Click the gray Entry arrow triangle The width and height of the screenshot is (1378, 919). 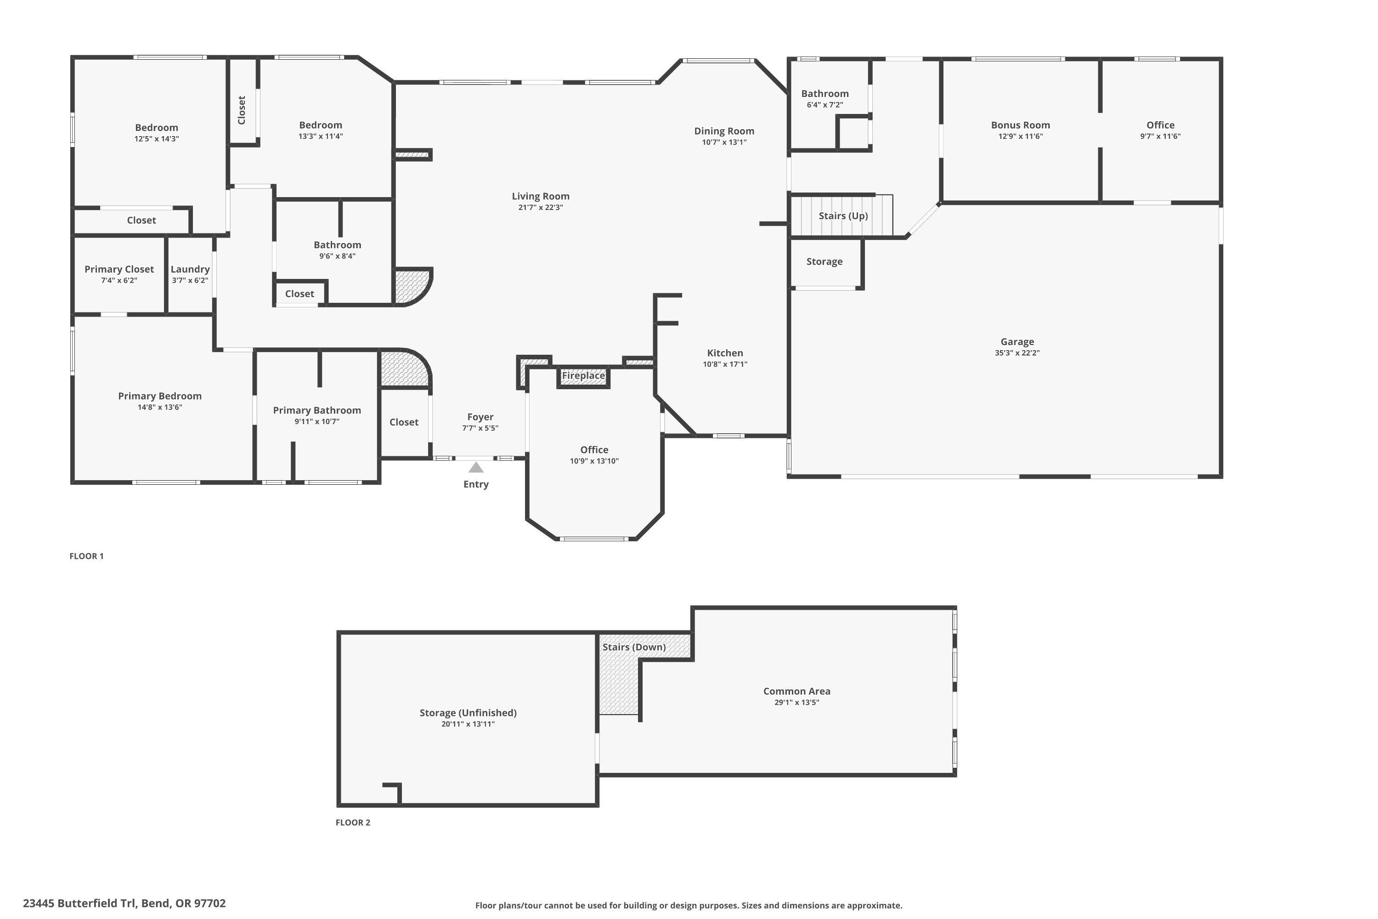(x=476, y=468)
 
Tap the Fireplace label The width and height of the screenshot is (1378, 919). (x=583, y=376)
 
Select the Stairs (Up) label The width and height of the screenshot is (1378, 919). (x=843, y=216)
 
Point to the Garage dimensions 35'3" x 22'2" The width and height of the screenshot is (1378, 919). (x=1017, y=353)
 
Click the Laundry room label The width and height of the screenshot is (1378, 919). (x=190, y=269)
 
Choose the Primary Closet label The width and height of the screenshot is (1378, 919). (x=119, y=269)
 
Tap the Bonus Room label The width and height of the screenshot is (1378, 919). (x=1020, y=125)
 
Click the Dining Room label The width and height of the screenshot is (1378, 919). (x=724, y=130)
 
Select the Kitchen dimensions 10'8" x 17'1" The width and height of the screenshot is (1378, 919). (x=725, y=364)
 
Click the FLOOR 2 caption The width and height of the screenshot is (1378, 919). (x=353, y=823)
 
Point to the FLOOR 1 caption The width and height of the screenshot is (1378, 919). (x=86, y=556)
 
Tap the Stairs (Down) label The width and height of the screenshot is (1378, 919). (x=634, y=647)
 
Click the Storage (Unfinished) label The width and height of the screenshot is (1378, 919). (x=468, y=713)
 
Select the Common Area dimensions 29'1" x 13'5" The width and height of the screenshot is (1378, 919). (x=796, y=702)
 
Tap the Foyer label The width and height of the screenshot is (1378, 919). (x=480, y=417)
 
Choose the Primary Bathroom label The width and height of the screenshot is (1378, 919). (x=316, y=410)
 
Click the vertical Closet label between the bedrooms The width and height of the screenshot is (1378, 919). (x=242, y=110)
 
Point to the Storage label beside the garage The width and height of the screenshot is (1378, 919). (x=824, y=261)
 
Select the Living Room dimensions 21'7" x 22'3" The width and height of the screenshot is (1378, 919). (x=540, y=208)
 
